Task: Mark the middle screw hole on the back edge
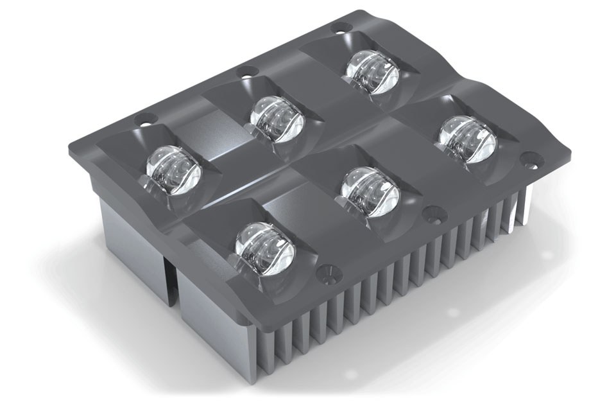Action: tap(244, 71)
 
